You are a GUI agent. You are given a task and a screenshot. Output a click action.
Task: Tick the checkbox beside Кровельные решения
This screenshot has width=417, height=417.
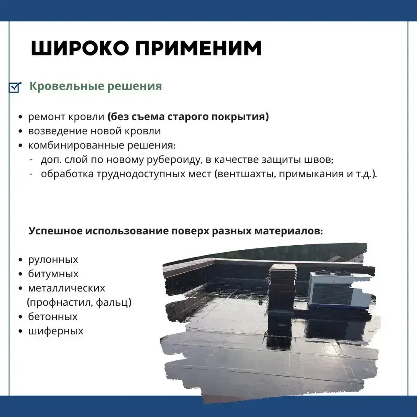click(15, 87)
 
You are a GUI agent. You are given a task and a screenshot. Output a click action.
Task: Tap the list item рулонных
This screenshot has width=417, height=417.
click(53, 260)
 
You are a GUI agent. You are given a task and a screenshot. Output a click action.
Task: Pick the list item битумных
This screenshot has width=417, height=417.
click(53, 274)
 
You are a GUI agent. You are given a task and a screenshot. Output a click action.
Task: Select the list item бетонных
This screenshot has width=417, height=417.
click(53, 317)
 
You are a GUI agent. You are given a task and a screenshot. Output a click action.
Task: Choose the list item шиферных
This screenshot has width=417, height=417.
click(55, 331)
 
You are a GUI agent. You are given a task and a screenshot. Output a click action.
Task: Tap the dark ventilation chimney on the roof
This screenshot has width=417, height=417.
click(282, 288)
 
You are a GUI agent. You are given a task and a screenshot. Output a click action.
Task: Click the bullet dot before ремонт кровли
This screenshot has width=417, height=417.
click(20, 117)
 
